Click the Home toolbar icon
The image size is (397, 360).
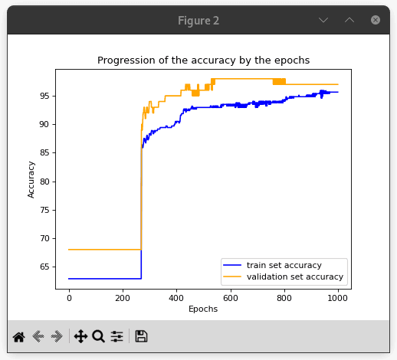[x=19, y=336]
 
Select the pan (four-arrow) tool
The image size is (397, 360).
[x=80, y=336]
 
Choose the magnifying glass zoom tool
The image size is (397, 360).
[x=98, y=336]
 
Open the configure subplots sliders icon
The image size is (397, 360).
[x=116, y=336]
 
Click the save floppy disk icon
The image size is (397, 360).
[x=141, y=336]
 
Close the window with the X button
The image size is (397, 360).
[x=376, y=20]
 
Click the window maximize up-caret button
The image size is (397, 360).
[x=349, y=20]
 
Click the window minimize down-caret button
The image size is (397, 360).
[x=323, y=20]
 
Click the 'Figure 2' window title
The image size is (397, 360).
[x=198, y=21]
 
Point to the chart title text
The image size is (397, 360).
[x=203, y=60]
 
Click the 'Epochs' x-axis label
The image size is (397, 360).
[x=203, y=309]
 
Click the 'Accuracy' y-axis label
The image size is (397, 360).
[x=31, y=179]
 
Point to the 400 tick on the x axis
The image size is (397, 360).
[x=176, y=298]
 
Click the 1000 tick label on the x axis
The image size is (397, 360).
[x=338, y=298]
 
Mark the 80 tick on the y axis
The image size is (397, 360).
[x=44, y=182]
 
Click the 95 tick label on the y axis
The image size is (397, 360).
[x=44, y=96]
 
